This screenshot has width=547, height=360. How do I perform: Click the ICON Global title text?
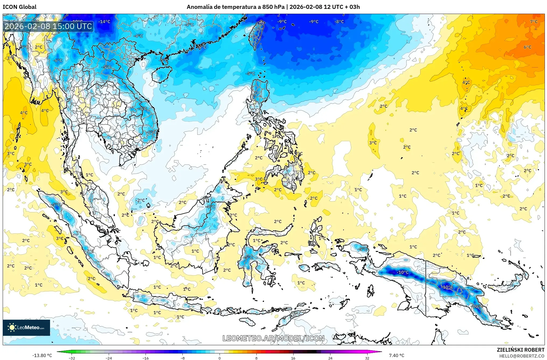pos(19,7)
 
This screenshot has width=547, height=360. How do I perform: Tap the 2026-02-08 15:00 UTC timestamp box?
pos(48,26)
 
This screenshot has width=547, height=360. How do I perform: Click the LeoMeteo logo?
pos(26,327)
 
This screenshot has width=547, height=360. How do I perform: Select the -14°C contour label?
pos(104,22)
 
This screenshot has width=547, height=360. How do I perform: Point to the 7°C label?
pos(534,22)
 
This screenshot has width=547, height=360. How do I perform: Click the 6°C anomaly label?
pos(527,47)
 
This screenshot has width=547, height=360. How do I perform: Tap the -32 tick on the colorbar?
pos(72,358)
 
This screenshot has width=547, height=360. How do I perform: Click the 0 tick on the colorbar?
pos(220,358)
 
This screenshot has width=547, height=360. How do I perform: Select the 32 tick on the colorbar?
pos(367,358)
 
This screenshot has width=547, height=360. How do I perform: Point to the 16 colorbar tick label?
pos(293,358)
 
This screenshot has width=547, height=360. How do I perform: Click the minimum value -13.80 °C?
pos(42,355)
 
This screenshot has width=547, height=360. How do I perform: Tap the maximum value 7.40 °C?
pos(397,355)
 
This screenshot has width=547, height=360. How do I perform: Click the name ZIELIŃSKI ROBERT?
pos(520,350)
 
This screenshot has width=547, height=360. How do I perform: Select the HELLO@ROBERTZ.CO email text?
pos(522,356)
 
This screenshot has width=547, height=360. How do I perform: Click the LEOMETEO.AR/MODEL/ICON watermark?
pos(273,338)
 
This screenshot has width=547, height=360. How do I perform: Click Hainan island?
pos(162,74)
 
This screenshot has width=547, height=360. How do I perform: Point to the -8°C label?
pos(339,22)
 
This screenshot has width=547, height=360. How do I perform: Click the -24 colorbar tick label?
pos(109,358)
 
